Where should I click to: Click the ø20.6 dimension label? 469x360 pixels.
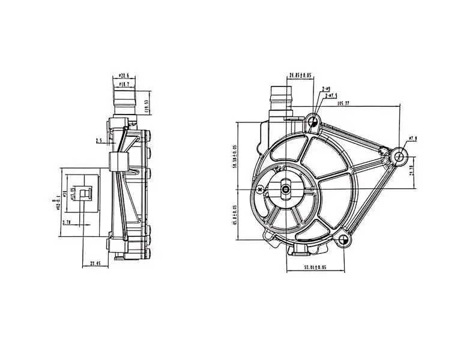[124, 76]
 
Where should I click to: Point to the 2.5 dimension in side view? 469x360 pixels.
[98, 141]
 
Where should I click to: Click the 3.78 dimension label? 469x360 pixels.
[67, 221]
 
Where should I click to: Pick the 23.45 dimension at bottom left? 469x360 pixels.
[95, 263]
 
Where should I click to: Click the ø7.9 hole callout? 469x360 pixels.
[412, 139]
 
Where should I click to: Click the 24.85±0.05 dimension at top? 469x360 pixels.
[300, 76]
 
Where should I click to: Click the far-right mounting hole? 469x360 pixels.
[400, 157]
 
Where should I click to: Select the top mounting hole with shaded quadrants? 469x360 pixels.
[313, 122]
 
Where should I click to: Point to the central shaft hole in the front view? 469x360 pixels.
[286, 190]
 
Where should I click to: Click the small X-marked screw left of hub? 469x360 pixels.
[259, 190]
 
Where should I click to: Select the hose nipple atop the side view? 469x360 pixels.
[124, 100]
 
